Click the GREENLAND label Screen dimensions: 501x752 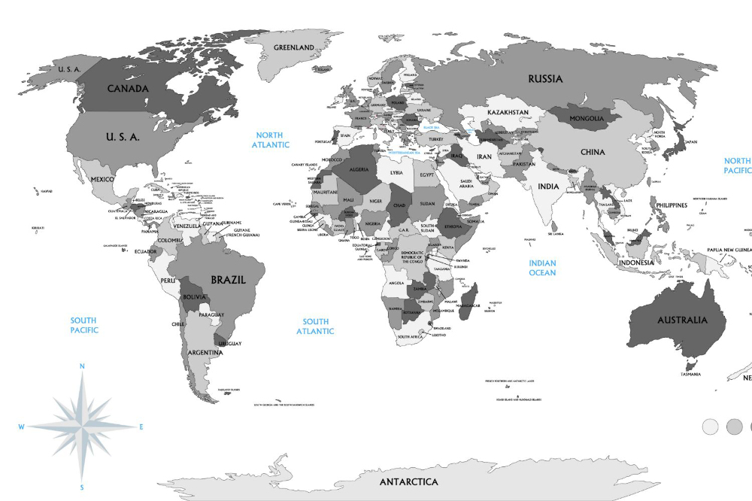(x=293, y=47)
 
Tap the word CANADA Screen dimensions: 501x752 (x=128, y=88)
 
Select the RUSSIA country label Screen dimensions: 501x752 (x=545, y=79)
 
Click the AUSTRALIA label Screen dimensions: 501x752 (x=682, y=320)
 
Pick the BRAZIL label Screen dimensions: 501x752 (x=228, y=279)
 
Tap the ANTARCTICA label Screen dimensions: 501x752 (x=408, y=481)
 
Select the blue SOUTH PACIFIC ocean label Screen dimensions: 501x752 (x=84, y=325)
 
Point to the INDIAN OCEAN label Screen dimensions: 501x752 (x=542, y=268)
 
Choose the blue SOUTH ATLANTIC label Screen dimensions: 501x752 (x=315, y=326)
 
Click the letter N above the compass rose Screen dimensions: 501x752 (x=82, y=366)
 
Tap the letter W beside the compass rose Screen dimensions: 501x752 (x=22, y=427)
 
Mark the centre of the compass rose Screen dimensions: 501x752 (x=82, y=427)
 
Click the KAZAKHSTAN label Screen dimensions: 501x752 (x=508, y=112)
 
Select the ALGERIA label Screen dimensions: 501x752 (x=359, y=169)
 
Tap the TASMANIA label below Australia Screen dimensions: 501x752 (x=690, y=374)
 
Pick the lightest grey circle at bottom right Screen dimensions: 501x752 (x=710, y=427)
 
